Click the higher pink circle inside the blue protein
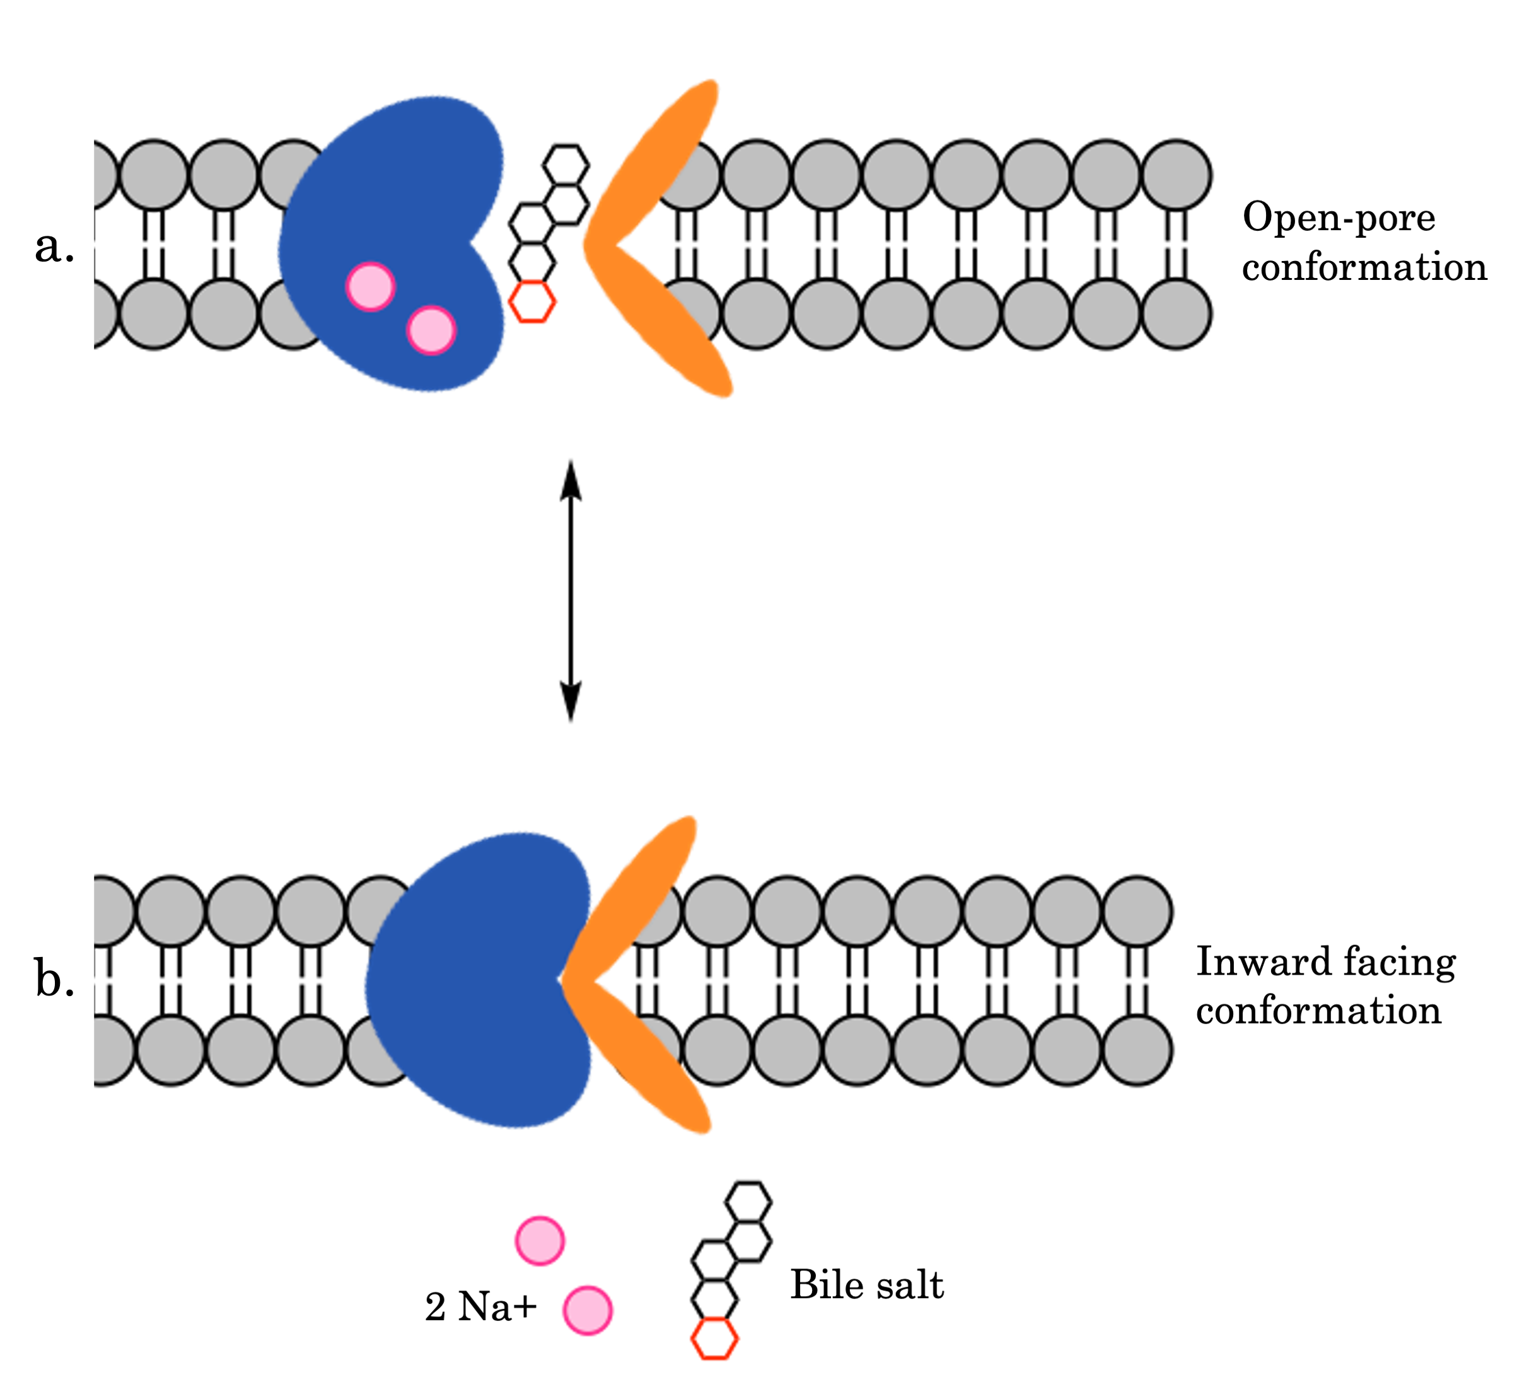point(370,286)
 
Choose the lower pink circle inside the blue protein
point(431,330)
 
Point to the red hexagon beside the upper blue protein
point(533,303)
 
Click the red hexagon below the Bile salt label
point(715,1339)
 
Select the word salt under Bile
point(841,1291)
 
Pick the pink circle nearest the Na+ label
point(588,1309)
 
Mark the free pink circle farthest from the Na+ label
point(540,1240)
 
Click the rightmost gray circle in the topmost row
point(1176,175)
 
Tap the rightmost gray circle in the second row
point(1176,314)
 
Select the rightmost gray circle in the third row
point(1137,912)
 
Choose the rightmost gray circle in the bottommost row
point(1137,1050)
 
